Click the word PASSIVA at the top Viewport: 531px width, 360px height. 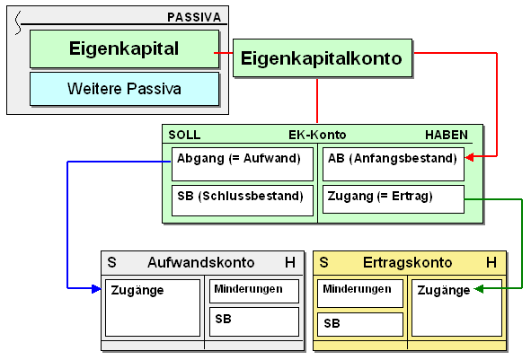194,17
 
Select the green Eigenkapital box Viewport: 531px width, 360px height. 124,48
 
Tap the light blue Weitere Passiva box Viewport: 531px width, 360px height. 124,89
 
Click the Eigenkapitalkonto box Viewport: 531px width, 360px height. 323,57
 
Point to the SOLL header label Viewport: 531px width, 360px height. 184,135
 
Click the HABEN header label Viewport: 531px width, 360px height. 447,135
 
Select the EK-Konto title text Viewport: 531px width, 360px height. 317,135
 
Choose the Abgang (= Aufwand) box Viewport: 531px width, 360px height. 243,164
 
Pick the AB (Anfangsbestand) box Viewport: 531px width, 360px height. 394,164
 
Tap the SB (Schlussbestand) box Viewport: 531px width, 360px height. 243,200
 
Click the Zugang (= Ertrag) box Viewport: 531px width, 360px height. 394,199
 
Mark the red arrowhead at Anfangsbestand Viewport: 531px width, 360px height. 469,156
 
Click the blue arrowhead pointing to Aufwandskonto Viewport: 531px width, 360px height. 96,288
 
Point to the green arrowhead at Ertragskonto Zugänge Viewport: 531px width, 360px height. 479,288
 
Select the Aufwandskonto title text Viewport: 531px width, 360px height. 201,262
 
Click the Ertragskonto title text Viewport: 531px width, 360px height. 407,262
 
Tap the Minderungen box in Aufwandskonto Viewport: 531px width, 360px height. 254,291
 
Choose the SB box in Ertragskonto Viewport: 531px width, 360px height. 360,324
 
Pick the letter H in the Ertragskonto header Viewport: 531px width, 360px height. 491,262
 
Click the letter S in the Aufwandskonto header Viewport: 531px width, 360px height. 111,262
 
